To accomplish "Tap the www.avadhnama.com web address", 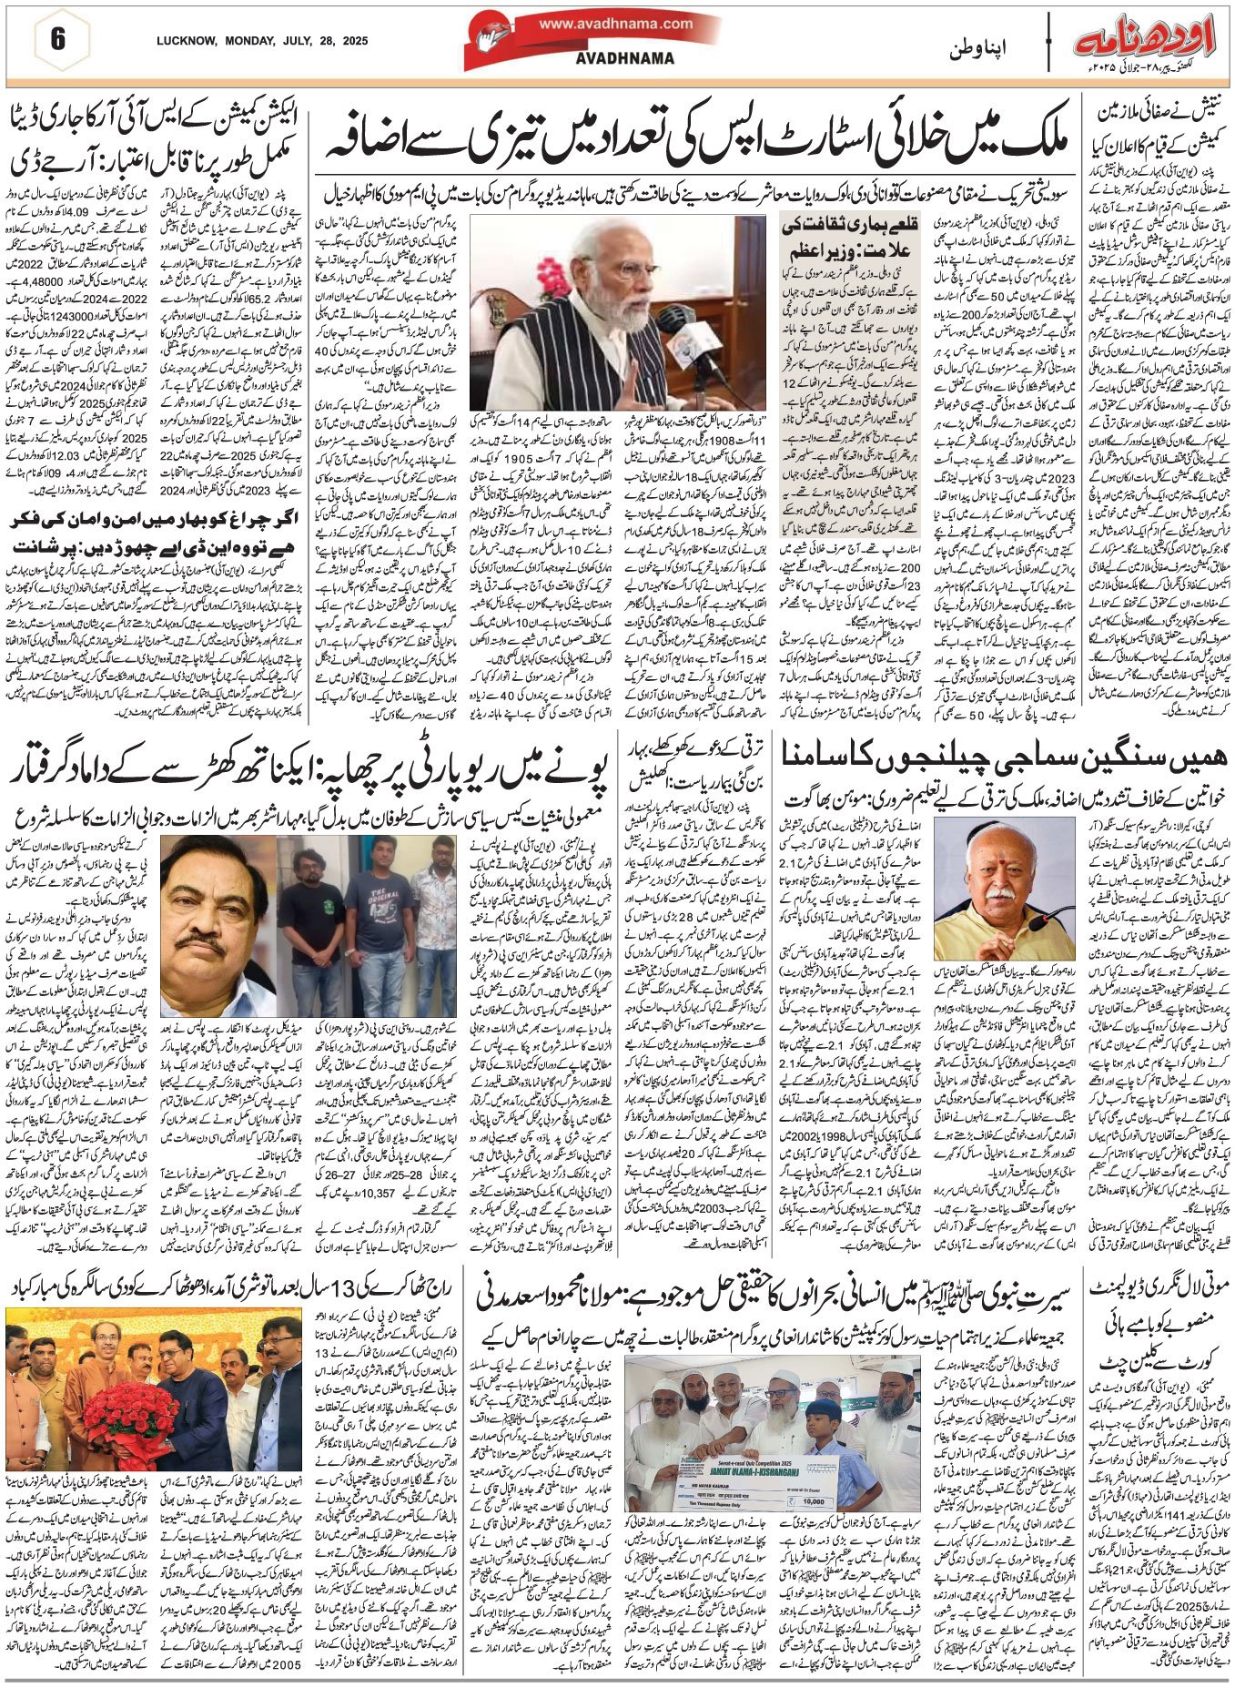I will point(615,25).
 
